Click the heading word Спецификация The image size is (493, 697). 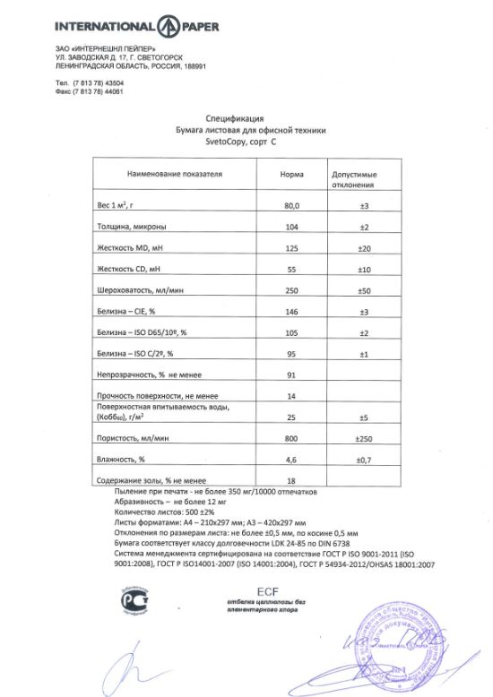[234, 118]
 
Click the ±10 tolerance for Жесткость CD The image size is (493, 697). [364, 270]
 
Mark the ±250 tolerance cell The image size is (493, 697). [364, 438]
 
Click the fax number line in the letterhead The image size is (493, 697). [89, 91]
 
